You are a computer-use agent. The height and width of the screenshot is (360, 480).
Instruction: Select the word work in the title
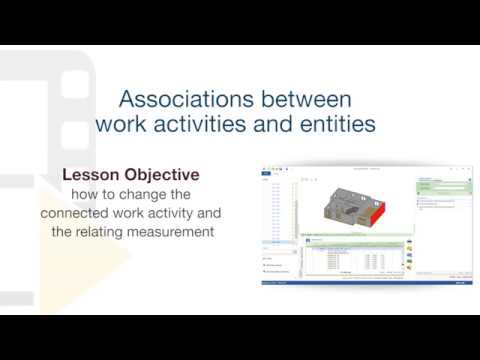124,125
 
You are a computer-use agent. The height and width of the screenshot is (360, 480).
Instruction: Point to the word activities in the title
209,125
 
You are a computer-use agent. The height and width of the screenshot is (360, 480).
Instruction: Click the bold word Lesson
95,174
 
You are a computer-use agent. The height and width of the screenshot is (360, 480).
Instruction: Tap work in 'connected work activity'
144,214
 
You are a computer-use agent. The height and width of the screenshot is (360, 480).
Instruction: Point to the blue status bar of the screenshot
365,283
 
